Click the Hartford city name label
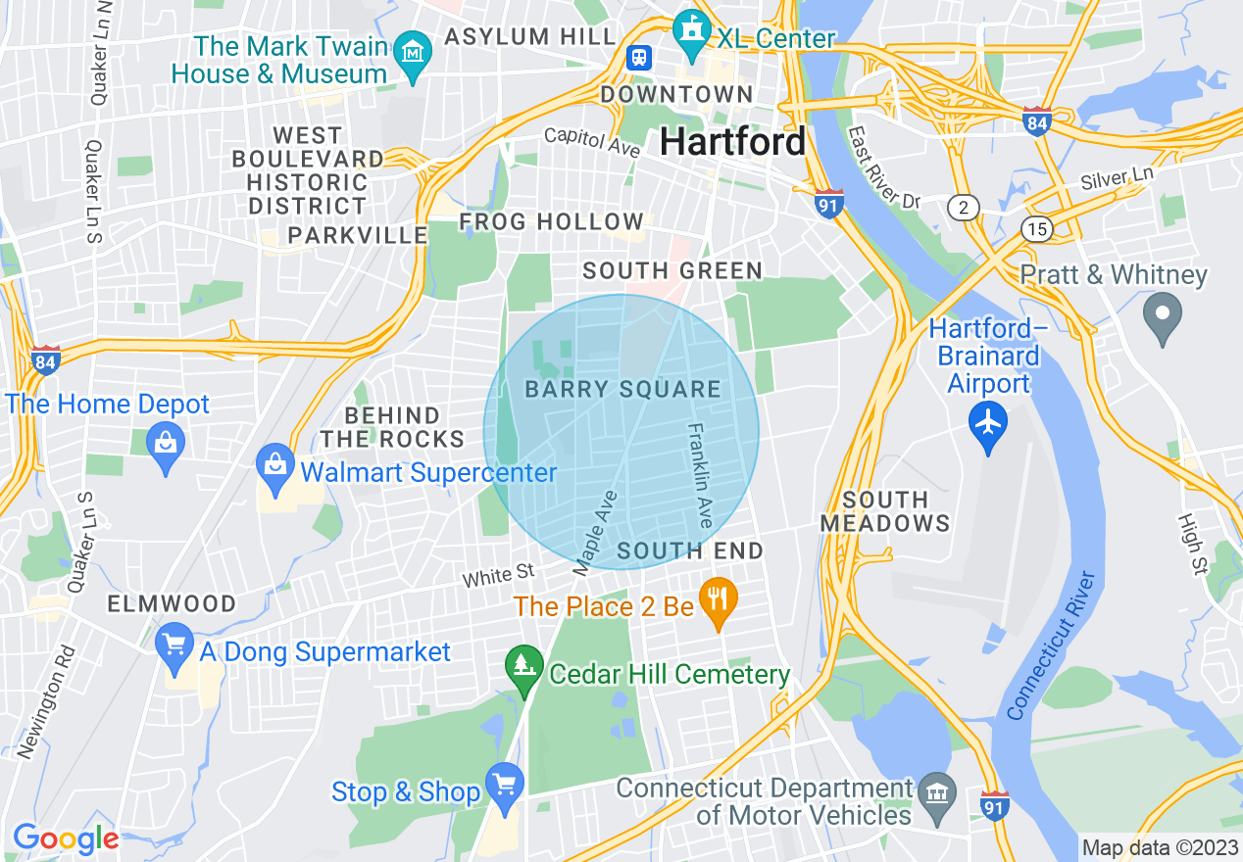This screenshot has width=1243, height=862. coord(732,142)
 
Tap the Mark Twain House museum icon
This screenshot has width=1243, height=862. coord(414,50)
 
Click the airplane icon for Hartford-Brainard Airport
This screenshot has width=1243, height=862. coord(988,423)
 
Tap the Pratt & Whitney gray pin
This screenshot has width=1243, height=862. coord(1163,314)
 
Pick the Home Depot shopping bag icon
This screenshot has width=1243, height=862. coord(166,445)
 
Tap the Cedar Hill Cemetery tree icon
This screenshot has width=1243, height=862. coord(524,666)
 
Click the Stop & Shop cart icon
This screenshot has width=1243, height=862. coord(505,785)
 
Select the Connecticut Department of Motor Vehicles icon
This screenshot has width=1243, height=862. coord(939,790)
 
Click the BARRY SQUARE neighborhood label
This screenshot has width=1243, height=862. coord(622,390)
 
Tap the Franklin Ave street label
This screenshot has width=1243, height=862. coord(700,475)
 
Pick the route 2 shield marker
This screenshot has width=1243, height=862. coord(964,207)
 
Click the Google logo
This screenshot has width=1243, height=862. coord(65,838)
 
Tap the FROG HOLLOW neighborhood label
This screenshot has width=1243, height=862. coord(552,222)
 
